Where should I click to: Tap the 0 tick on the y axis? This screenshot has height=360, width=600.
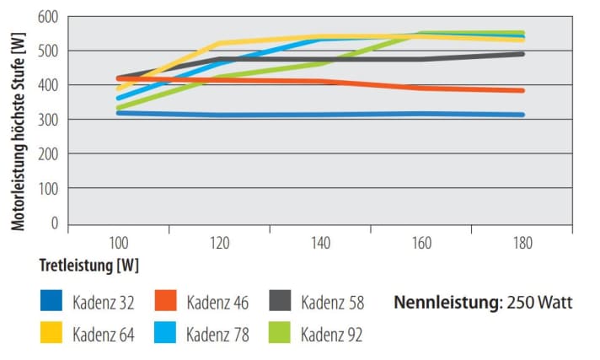54,224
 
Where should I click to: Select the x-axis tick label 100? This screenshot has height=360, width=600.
118,243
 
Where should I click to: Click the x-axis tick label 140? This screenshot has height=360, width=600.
320,243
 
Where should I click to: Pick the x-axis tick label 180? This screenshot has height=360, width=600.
523,243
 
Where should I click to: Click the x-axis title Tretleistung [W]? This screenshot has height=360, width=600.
88,265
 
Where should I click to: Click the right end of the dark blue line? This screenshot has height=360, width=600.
523,115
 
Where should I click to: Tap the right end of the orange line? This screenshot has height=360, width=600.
523,90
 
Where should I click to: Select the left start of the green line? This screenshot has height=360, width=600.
118,109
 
